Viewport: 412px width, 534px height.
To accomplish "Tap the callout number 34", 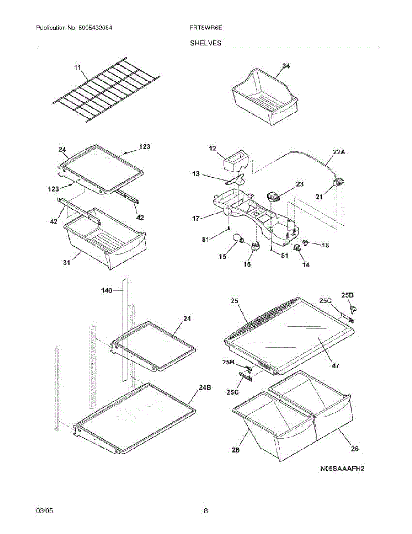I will tap(286, 66).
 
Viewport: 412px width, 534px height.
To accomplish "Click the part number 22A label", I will tap(339, 151).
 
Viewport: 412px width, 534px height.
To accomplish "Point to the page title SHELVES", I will tap(206, 43).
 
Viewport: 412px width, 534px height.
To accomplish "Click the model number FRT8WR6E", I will tap(205, 28).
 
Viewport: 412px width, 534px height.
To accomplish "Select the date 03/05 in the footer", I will tap(44, 511).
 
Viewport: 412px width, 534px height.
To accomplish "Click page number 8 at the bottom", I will tap(206, 511).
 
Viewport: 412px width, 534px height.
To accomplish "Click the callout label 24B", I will tap(205, 388).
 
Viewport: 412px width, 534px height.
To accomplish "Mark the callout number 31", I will tap(66, 263).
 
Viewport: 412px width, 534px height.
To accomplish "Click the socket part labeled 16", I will tap(256, 247).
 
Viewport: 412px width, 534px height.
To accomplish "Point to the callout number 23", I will tap(299, 184).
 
